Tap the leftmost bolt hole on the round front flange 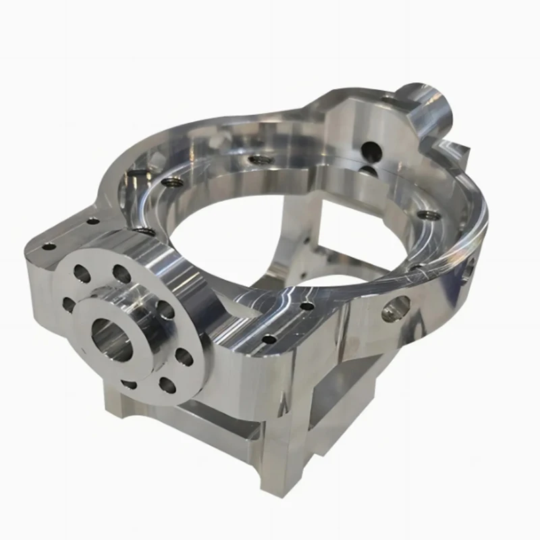68,304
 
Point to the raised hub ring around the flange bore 138,317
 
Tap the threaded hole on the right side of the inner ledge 425,215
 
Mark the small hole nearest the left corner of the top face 48,246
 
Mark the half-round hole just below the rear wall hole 370,169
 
